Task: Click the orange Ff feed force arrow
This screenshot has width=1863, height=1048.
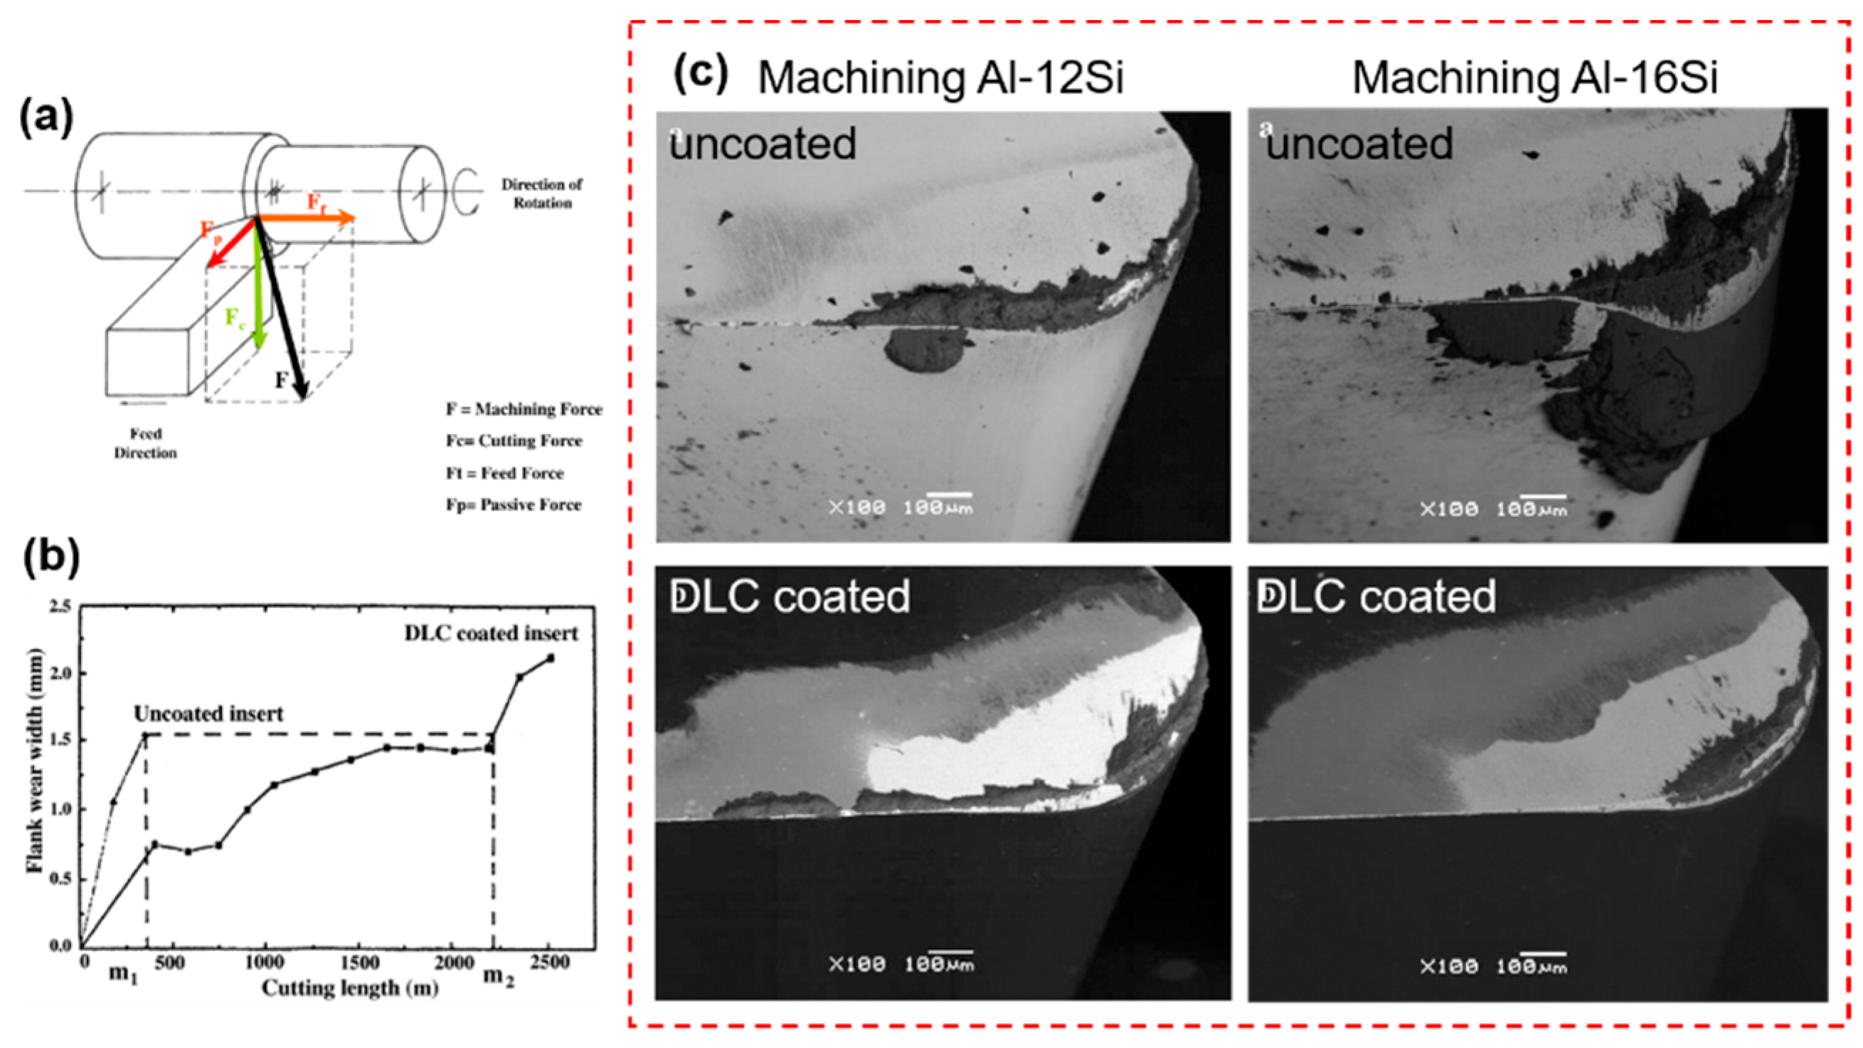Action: (307, 218)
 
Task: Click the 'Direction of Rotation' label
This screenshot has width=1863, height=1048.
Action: (542, 193)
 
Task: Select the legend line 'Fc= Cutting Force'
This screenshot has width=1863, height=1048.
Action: (514, 440)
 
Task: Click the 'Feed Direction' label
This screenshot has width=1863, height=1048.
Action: (145, 443)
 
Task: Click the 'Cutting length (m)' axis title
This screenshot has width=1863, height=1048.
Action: (350, 988)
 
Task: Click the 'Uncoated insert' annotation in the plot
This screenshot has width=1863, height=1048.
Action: (208, 714)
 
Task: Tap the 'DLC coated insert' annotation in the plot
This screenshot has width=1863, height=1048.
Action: (491, 634)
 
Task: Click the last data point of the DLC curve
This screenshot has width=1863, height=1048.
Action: (551, 658)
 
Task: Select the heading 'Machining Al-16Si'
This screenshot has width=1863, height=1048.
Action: (1534, 78)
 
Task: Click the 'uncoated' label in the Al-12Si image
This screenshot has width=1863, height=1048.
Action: (763, 143)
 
